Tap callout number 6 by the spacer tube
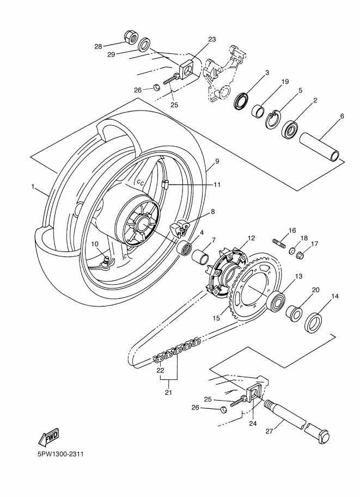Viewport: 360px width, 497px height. tap(341, 116)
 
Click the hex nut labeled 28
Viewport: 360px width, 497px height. tap(131, 38)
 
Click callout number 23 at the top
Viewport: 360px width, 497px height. tap(212, 39)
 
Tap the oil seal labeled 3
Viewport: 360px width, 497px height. tap(240, 101)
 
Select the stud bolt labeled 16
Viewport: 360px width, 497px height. tap(278, 241)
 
